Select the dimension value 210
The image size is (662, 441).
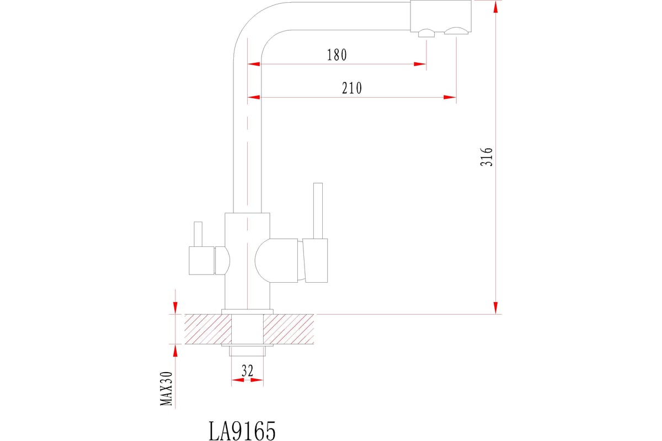(351, 88)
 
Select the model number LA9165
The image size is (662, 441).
(242, 431)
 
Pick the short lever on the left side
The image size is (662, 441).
(197, 234)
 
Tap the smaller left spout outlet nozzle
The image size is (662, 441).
(426, 34)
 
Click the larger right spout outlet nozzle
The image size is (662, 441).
(456, 32)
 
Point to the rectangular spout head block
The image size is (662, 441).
(440, 15)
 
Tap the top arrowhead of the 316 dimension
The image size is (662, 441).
(496, 7)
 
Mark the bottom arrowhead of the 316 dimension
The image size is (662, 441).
(496, 308)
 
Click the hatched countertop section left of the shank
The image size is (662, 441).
(207, 329)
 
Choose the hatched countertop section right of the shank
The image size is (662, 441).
(288, 329)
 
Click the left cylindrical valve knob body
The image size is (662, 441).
(201, 261)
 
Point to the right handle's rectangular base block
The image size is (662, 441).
(317, 260)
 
